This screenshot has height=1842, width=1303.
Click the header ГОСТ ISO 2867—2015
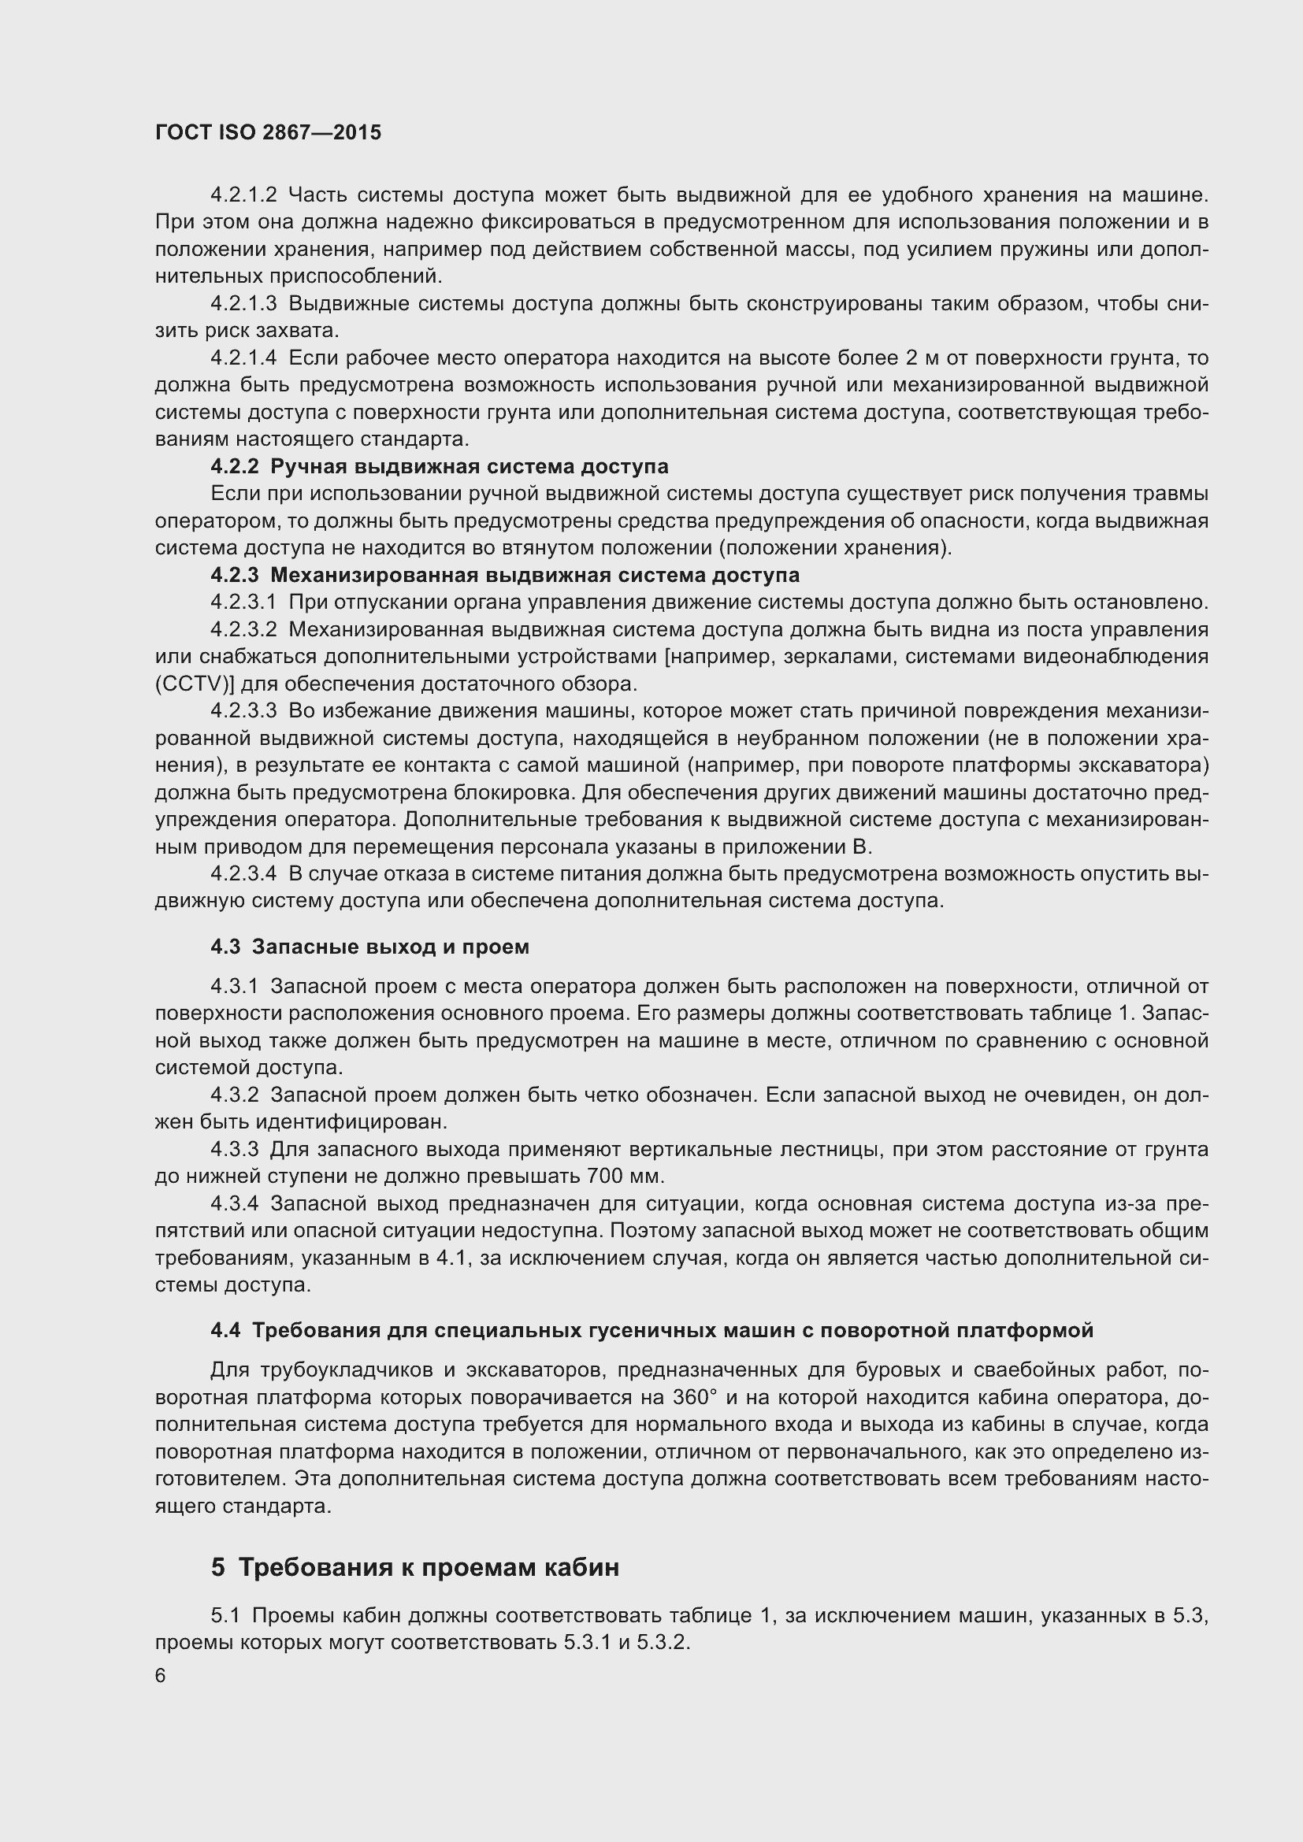click(x=268, y=133)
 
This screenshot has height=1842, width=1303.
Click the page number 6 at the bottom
click(x=161, y=1676)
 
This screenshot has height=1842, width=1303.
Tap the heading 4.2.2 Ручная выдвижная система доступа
click(x=439, y=467)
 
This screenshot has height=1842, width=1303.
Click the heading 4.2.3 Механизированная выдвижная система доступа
click(x=505, y=575)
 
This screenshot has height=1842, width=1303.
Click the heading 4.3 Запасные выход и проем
click(x=370, y=947)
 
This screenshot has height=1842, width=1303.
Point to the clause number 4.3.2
click(x=234, y=1095)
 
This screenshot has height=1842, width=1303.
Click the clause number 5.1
click(x=225, y=1616)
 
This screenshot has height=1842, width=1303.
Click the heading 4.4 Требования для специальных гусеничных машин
click(x=651, y=1331)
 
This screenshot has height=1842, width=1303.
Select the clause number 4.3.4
click(x=234, y=1204)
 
